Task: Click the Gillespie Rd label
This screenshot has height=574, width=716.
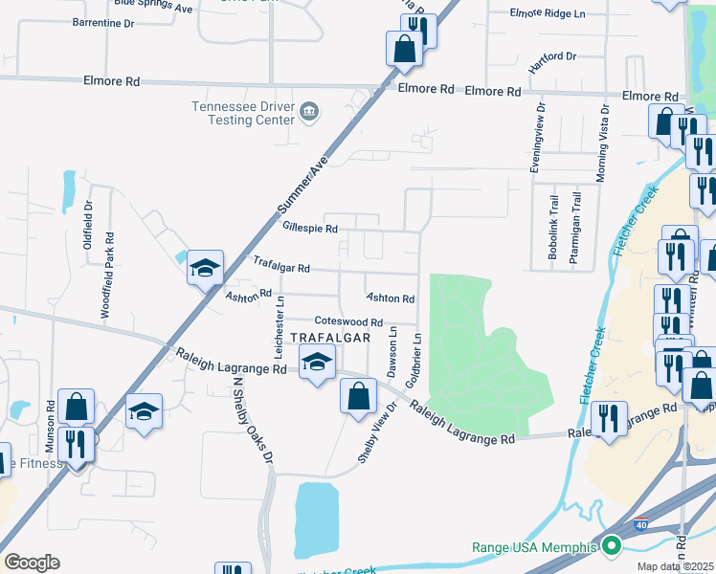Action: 311,229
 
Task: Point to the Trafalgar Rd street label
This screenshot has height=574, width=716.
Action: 281,263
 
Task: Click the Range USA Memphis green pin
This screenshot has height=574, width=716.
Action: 611,547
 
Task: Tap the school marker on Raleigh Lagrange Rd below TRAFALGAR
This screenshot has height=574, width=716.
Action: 318,362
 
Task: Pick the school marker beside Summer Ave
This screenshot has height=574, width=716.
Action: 205,268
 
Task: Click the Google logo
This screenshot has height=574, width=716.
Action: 32,563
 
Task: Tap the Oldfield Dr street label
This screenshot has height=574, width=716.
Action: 88,219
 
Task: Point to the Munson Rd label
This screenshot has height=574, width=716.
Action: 50,427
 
